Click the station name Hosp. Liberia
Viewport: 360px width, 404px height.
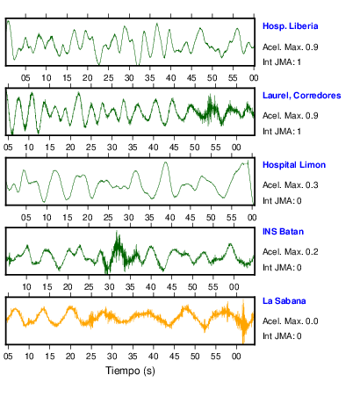pos(290,26)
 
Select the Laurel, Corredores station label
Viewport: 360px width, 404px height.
pos(302,96)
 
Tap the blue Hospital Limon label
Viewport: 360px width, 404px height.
pos(294,165)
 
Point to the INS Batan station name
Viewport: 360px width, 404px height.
pos(283,232)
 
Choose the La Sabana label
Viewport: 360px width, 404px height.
pos(284,301)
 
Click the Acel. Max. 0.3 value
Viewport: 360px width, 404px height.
pos(290,185)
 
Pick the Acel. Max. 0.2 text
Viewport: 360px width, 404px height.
pos(290,252)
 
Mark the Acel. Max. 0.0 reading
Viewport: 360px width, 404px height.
pos(290,321)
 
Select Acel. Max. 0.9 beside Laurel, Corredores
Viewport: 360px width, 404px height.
pos(290,116)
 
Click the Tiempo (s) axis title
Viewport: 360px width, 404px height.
pos(130,371)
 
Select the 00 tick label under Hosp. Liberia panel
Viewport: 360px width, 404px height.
pos(254,78)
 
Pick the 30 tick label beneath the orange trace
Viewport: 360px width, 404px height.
pos(112,357)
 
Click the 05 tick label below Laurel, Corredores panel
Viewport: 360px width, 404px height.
pos(8,148)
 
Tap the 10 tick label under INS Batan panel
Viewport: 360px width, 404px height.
pos(26,287)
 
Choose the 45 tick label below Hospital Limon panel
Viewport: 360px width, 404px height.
pos(190,218)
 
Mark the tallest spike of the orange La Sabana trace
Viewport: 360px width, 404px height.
pos(243,301)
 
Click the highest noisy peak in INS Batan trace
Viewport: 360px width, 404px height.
pos(117,232)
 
